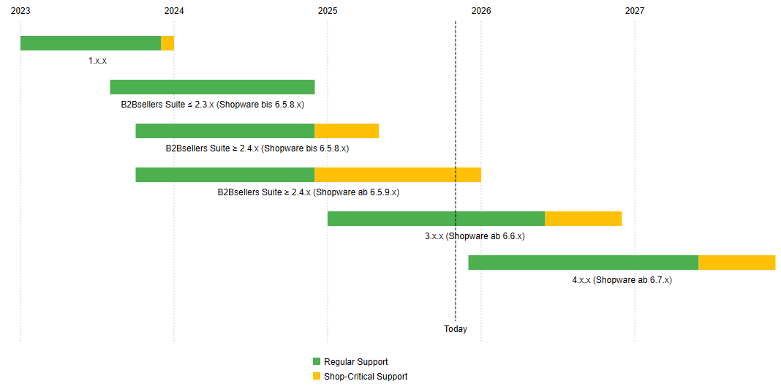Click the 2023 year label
20,11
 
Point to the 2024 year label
174,11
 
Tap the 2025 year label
328,11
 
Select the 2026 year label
481,11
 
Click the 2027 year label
635,11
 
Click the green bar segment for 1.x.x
90,43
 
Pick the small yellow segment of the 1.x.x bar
167,43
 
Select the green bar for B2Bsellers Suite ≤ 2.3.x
212,87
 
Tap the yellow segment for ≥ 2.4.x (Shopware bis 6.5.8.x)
347,131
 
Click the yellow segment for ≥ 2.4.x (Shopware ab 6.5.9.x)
398,175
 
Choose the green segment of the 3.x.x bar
436,219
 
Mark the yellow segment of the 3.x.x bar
583,219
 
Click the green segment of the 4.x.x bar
583,263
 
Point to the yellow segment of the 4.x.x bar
736,263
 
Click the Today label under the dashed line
456,329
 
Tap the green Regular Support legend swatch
317,362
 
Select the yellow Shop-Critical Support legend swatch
317,377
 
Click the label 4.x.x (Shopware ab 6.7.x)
622,280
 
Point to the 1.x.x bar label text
97,61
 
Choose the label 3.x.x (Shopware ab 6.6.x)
475,236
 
